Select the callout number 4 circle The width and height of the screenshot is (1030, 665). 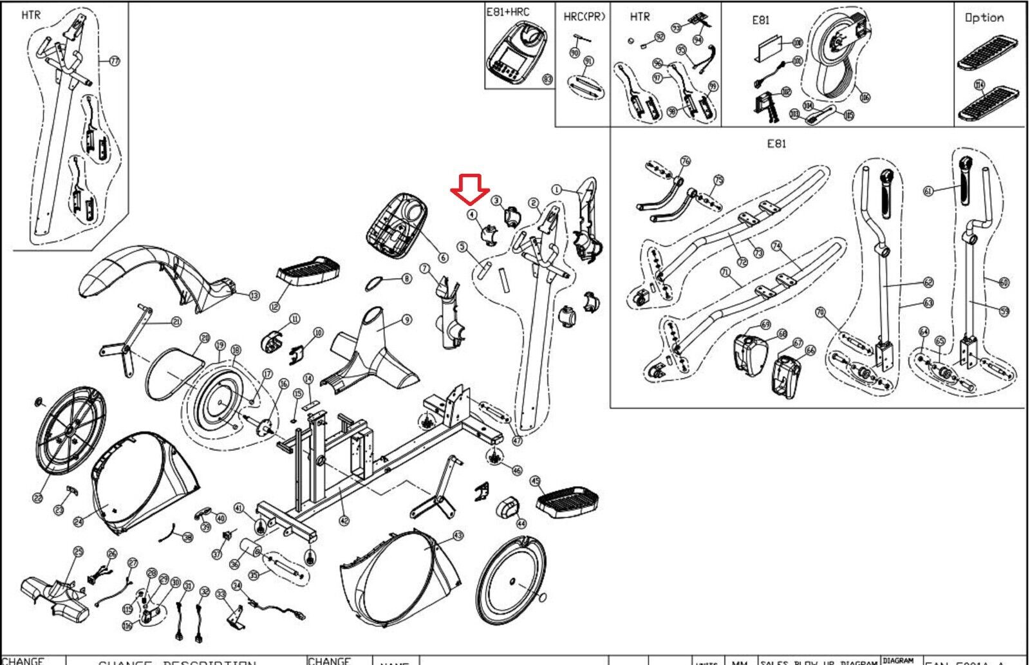click(x=472, y=214)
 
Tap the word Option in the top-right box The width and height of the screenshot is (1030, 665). click(x=984, y=17)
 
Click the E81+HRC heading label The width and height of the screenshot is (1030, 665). click(x=508, y=12)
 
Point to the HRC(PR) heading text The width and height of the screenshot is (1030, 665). click(x=584, y=16)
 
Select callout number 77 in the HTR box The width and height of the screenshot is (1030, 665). click(x=115, y=61)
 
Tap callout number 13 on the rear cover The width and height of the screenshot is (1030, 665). click(x=254, y=295)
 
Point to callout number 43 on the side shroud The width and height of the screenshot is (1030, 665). click(x=458, y=535)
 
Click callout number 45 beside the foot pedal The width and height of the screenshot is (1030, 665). click(x=535, y=481)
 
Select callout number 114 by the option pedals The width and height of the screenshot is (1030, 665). click(x=979, y=84)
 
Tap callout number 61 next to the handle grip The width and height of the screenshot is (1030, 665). click(x=928, y=191)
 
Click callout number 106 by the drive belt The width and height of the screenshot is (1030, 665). click(x=865, y=97)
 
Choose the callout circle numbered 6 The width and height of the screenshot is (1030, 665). click(x=443, y=258)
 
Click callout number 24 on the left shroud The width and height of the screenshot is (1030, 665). click(x=79, y=521)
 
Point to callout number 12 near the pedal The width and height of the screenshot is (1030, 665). click(x=275, y=306)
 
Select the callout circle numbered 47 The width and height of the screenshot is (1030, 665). click(x=517, y=441)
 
